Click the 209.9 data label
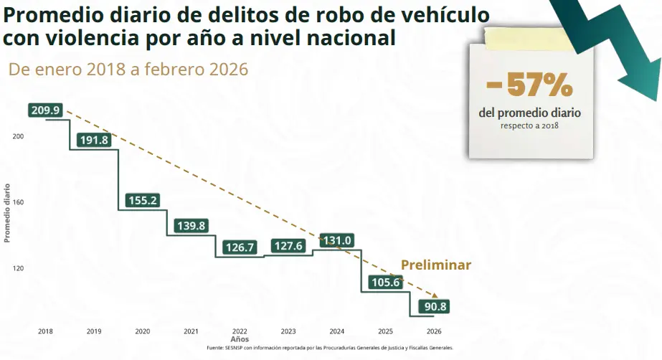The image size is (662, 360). tap(47, 110)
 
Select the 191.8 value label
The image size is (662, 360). tap(95, 140)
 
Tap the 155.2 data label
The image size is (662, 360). tap(142, 201)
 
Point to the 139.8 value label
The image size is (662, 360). tap(191, 226)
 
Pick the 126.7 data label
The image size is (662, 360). tap(240, 247)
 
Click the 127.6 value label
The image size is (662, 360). tap(288, 246)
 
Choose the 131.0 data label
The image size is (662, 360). tap(336, 240)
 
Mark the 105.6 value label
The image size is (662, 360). tap(385, 283)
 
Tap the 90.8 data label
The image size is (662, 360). tap(434, 307)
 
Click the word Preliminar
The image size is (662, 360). tap(435, 265)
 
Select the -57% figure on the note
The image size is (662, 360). tap(529, 86)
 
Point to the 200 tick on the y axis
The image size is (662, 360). tap(19, 136)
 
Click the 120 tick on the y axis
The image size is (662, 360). tap(19, 268)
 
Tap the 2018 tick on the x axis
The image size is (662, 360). tap(46, 331)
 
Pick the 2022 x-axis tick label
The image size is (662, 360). tap(240, 331)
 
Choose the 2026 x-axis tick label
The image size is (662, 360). tap(434, 331)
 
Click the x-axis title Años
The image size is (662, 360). tap(240, 338)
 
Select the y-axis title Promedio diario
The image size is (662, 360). tap(7, 212)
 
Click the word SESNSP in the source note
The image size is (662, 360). tap(235, 348)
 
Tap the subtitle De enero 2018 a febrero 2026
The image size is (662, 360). tap(128, 70)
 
